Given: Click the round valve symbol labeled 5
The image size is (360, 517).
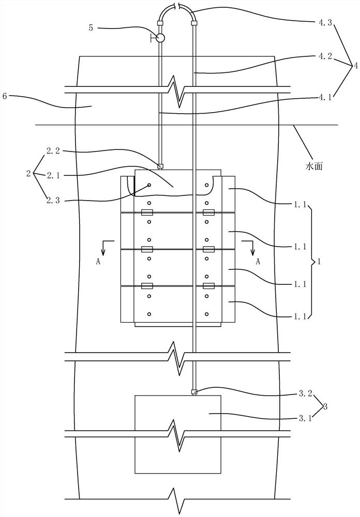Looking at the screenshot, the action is pyautogui.click(x=160, y=38).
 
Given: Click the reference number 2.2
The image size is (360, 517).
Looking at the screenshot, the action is pyautogui.click(x=54, y=152).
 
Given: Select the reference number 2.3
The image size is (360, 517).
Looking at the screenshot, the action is pyautogui.click(x=54, y=200).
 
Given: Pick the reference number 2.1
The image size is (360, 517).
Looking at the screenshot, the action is pyautogui.click(x=54, y=175).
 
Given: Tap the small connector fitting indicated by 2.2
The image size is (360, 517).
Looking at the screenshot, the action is pyautogui.click(x=160, y=166).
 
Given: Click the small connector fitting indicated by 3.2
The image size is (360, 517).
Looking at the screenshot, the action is pyautogui.click(x=193, y=392).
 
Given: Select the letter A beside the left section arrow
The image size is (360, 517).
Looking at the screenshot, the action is pyautogui.click(x=98, y=262).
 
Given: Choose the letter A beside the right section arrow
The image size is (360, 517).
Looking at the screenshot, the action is pyautogui.click(x=258, y=262).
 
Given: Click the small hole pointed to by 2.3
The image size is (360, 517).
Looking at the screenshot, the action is pyautogui.click(x=149, y=185).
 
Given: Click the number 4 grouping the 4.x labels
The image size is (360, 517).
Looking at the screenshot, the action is pyautogui.click(x=355, y=66).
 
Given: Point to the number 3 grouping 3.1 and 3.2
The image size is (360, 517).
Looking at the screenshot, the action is pyautogui.click(x=325, y=407).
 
